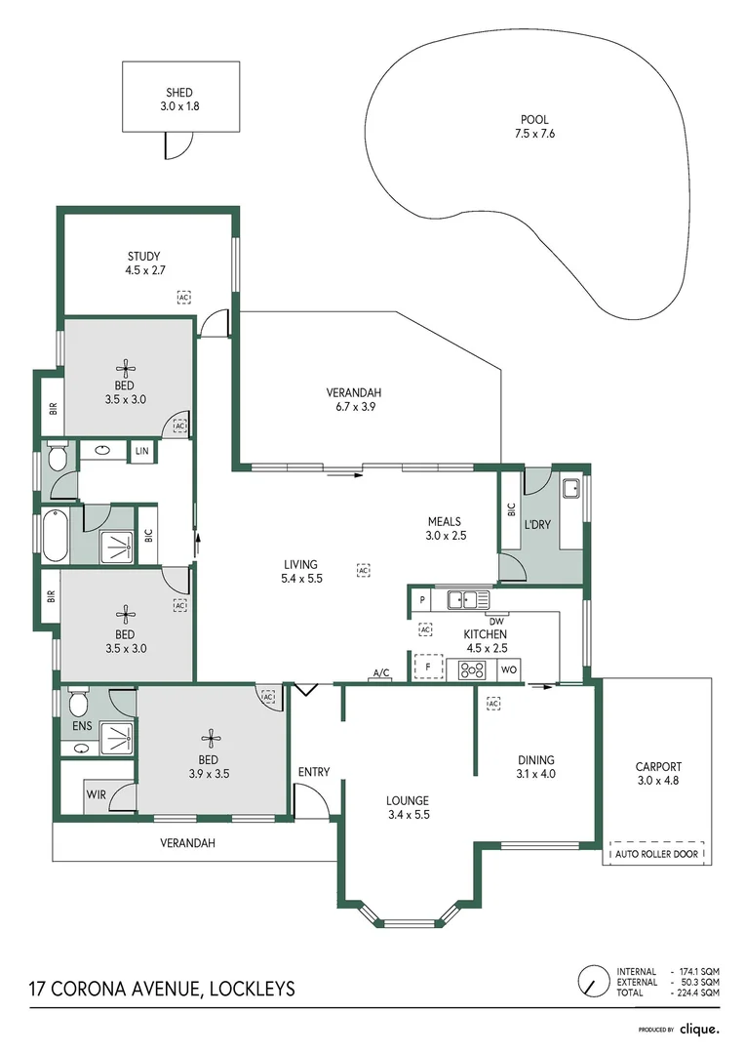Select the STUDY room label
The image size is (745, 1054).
click(143, 257)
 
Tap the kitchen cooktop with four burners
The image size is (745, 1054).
click(473, 669)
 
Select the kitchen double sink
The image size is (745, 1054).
click(463, 599)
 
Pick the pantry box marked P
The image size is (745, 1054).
click(422, 599)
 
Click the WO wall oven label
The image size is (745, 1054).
click(508, 670)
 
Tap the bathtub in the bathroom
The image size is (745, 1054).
click(55, 536)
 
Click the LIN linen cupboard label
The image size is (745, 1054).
click(143, 451)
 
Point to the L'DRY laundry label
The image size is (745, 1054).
click(537, 524)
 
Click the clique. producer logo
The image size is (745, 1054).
click(699, 1029)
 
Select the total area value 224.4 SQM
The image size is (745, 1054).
click(699, 992)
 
